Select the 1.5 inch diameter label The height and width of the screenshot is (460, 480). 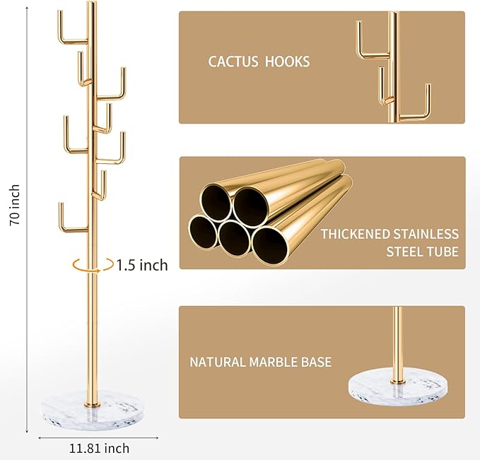coord(142,265)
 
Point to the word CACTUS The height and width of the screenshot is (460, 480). coord(233,61)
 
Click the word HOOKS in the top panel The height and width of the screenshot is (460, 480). coord(287,61)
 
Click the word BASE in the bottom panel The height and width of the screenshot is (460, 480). coord(316,362)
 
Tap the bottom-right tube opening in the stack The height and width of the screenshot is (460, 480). coord(271,242)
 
